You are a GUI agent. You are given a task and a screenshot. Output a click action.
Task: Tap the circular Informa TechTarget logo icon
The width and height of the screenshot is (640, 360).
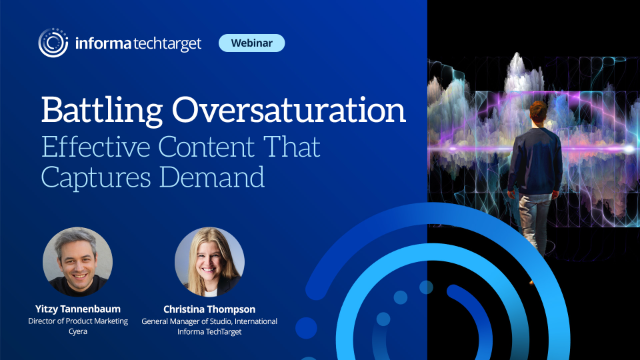[x=53, y=42]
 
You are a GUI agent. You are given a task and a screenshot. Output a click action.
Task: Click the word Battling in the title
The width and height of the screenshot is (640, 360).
[x=97, y=109]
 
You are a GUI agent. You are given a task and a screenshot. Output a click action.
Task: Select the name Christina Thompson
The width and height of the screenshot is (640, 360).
[x=210, y=309]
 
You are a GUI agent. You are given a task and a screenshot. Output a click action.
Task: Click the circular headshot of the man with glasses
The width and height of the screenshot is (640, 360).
[x=74, y=263]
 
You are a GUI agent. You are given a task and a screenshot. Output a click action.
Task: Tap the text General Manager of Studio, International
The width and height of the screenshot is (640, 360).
[x=210, y=321]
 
